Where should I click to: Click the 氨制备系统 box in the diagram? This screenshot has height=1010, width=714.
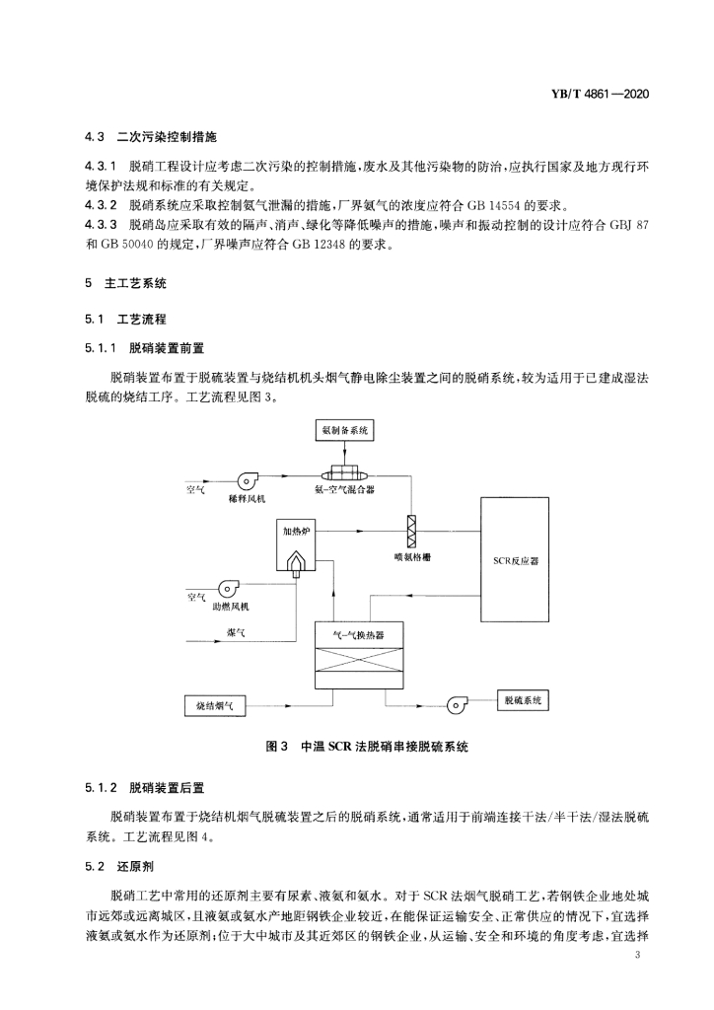[x=344, y=430]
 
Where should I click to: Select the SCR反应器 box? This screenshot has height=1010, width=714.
[x=515, y=559]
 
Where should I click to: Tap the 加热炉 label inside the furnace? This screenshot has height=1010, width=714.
[x=296, y=531]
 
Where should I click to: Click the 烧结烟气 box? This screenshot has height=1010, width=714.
[x=214, y=706]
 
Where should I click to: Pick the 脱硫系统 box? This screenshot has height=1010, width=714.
[x=523, y=700]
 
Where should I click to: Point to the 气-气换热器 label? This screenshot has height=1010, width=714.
[x=359, y=634]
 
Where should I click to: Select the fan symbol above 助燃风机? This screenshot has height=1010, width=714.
[x=228, y=588]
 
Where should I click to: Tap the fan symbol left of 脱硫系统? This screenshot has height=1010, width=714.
[x=459, y=704]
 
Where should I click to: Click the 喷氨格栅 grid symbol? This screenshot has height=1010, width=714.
[x=410, y=532]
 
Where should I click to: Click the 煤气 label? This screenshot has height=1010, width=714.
[x=236, y=633]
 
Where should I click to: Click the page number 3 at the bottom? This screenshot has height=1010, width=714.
[x=637, y=955]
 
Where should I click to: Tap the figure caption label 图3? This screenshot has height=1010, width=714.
[x=276, y=747]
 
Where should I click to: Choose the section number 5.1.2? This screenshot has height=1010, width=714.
[x=101, y=788]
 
